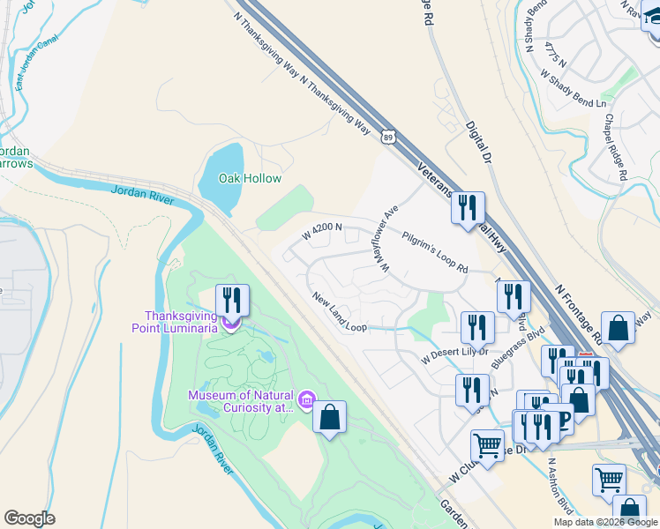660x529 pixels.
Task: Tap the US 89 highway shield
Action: (387, 137)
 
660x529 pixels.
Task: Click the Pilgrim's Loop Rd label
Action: (433, 251)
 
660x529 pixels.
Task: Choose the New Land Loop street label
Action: (339, 312)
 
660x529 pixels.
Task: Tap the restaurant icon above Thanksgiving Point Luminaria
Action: (232, 300)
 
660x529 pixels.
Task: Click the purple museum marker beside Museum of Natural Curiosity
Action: (307, 400)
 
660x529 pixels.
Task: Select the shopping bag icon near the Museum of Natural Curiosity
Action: (329, 418)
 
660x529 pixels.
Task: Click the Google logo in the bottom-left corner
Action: (29, 518)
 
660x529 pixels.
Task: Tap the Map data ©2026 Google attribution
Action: (606, 522)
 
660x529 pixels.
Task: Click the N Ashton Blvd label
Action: (558, 484)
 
